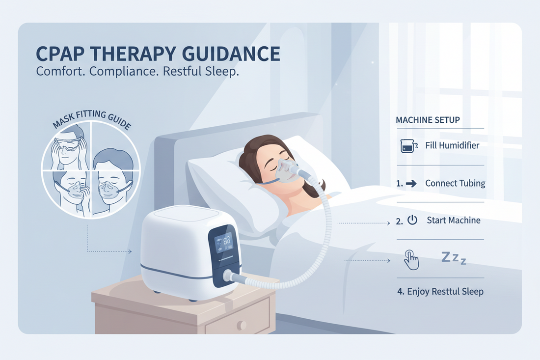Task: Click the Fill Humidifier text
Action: coord(453,145)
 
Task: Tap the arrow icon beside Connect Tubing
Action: coord(411,184)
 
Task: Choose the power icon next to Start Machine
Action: coord(412,220)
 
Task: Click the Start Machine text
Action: coord(454,220)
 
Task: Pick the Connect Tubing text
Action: coord(455,183)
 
